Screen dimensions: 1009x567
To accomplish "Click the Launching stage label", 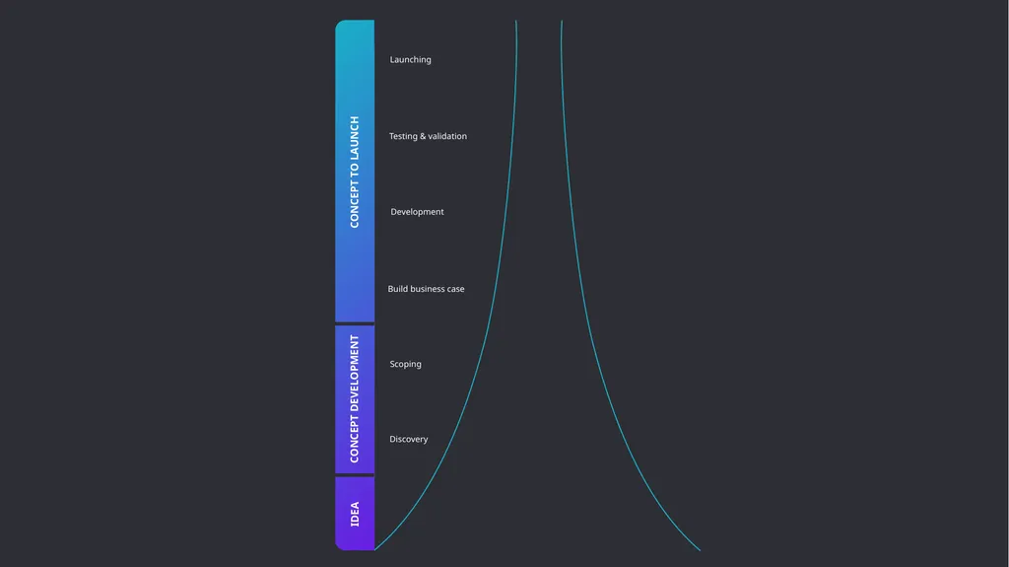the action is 411,60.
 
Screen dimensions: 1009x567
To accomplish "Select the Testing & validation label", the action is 428,137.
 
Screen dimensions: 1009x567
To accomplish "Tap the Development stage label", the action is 417,212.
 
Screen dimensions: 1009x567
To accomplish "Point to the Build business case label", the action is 426,289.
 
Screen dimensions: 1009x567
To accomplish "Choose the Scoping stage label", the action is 405,364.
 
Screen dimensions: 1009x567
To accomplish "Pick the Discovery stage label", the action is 409,440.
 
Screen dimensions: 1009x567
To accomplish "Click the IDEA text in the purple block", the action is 355,514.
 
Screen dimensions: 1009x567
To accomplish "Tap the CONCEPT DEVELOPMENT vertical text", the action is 355,398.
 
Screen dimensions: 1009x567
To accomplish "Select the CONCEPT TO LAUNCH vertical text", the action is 355,172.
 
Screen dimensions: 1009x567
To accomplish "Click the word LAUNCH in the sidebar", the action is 355,137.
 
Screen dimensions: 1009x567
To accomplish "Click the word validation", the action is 447,137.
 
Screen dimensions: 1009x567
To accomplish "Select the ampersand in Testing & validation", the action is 423,137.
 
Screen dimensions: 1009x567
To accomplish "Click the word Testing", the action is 403,137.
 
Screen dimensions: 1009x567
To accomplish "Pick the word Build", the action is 398,289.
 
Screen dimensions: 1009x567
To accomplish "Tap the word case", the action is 455,289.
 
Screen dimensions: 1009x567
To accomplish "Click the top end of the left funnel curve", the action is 516,21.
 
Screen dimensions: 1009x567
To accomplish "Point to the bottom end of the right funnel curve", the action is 701,550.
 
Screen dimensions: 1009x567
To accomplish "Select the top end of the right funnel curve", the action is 562,21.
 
